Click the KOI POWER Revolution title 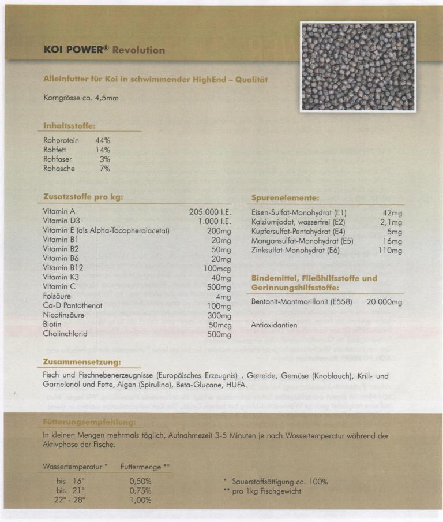[x=104, y=50]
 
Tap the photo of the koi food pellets [x=358, y=66]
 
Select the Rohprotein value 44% [x=103, y=140]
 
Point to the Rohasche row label [x=59, y=169]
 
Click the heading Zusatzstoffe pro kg [x=83, y=197]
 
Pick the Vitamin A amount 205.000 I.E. [x=210, y=212]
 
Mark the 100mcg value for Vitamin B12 [x=217, y=269]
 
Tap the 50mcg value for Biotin [x=219, y=325]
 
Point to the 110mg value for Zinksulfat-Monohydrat [x=390, y=251]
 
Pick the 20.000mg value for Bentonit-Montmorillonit [x=384, y=302]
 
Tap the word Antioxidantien [x=274, y=325]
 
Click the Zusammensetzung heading [x=81, y=362]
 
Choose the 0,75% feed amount [x=140, y=490]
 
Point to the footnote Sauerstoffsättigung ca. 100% [x=280, y=482]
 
